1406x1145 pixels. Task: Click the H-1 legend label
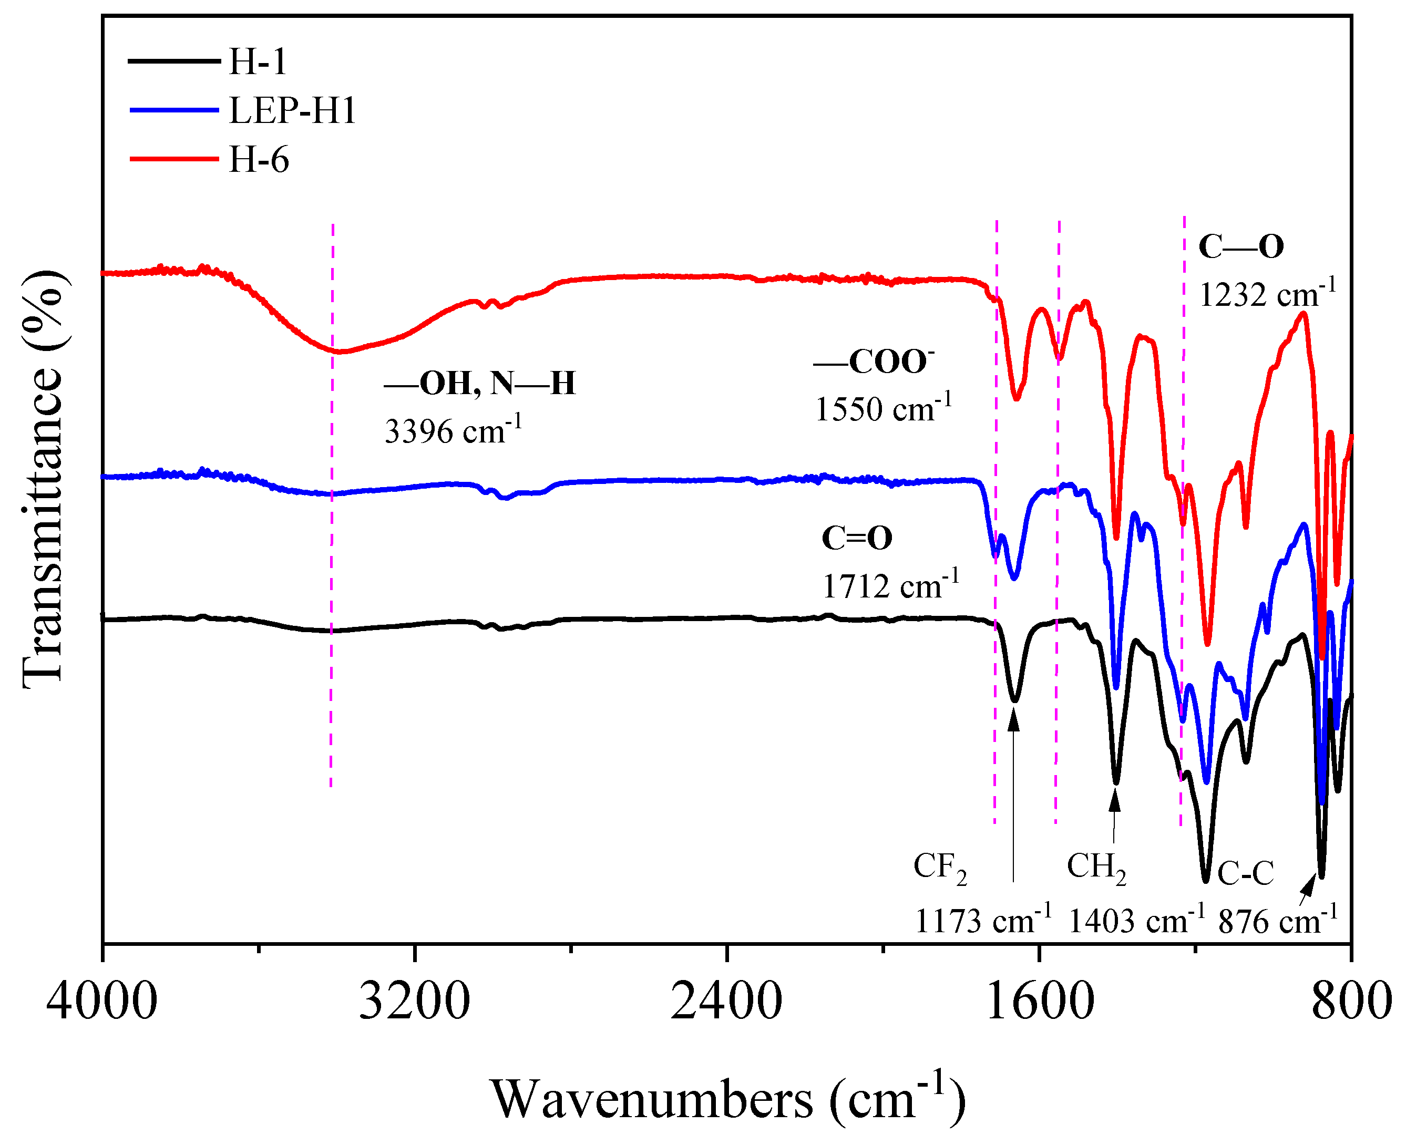pos(258,61)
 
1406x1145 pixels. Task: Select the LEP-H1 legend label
pos(292,110)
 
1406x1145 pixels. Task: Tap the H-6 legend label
pos(258,160)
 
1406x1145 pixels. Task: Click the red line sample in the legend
pos(173,159)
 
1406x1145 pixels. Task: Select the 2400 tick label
pos(726,1000)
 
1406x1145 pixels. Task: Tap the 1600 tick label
pos(1039,1000)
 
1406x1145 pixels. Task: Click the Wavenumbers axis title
pos(727,1098)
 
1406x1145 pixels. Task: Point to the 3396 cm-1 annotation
pos(453,431)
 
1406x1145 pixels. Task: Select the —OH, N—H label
pos(480,383)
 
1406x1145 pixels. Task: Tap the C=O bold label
pos(856,538)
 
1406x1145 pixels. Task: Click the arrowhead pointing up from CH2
pos(1115,800)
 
